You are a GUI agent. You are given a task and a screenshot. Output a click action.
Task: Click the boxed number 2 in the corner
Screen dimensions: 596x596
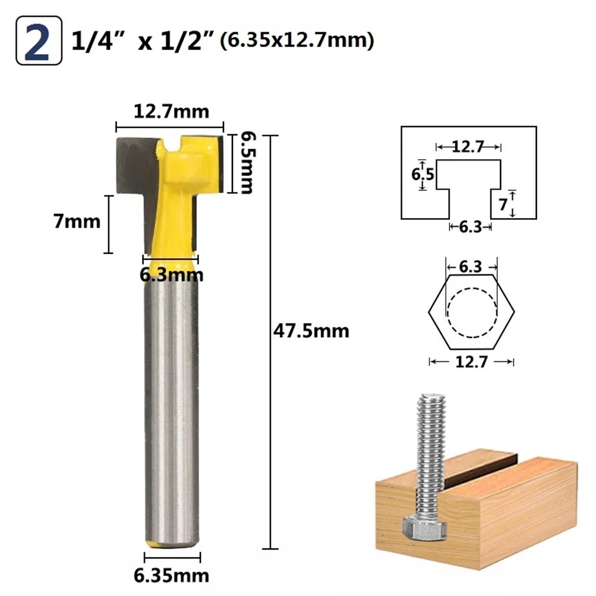pyautogui.click(x=38, y=41)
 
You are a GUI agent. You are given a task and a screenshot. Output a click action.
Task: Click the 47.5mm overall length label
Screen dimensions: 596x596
pyautogui.click(x=311, y=331)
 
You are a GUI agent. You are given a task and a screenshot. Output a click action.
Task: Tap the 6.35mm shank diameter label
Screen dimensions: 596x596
pyautogui.click(x=171, y=576)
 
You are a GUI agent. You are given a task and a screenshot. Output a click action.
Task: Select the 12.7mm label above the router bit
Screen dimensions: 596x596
pyautogui.click(x=171, y=111)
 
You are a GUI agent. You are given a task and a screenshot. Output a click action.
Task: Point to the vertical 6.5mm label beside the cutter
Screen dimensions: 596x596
pyautogui.click(x=247, y=163)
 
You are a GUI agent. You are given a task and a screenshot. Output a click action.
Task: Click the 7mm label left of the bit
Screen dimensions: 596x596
pyautogui.click(x=77, y=221)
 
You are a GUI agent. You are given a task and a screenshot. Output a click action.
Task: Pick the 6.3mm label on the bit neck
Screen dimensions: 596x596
pyautogui.click(x=172, y=274)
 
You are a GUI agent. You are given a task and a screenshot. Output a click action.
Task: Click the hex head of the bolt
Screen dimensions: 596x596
pyautogui.click(x=424, y=528)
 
